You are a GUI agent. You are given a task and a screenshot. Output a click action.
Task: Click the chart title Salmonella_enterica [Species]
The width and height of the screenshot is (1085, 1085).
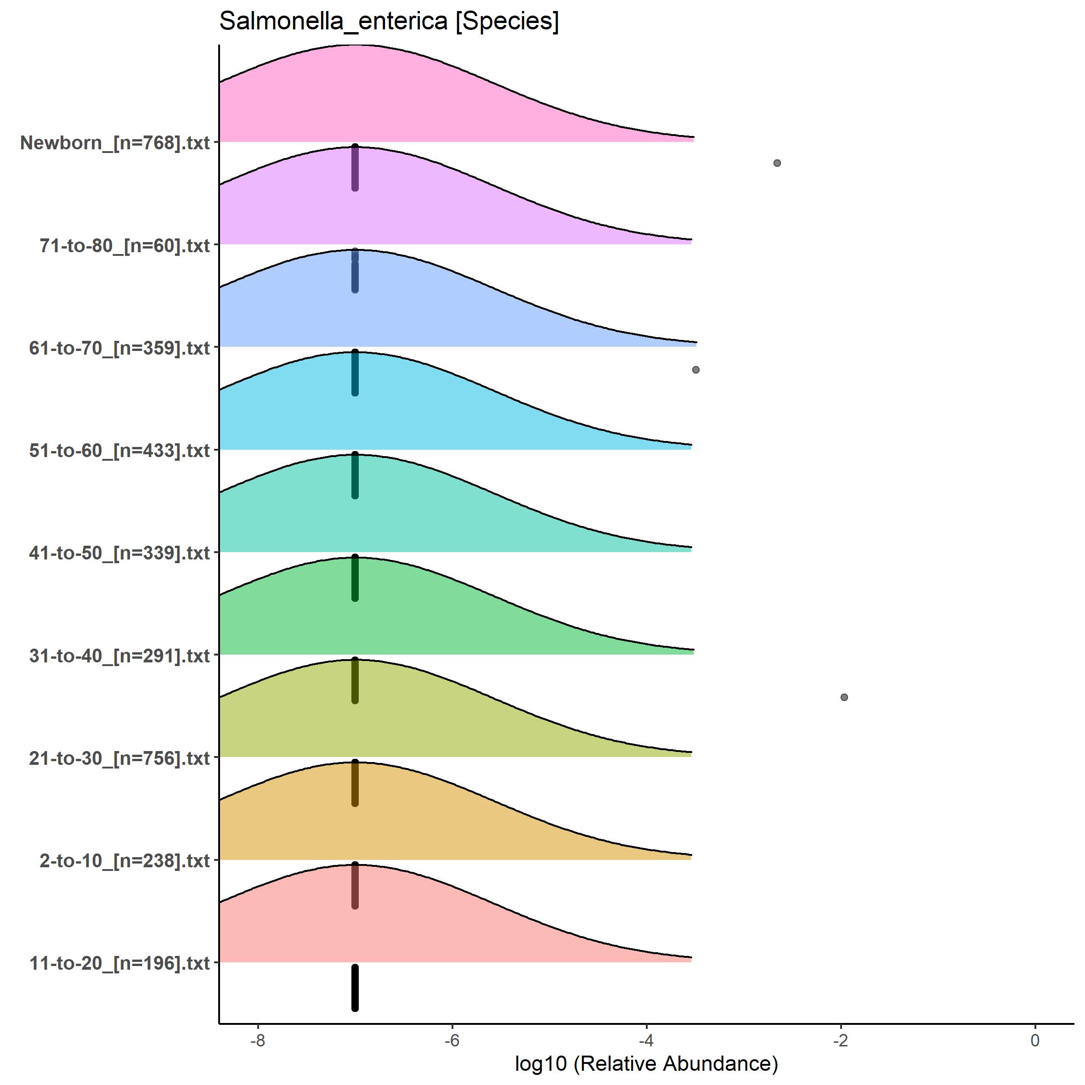pyautogui.click(x=389, y=21)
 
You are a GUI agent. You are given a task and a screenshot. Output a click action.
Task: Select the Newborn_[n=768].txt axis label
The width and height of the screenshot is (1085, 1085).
pyautogui.click(x=115, y=143)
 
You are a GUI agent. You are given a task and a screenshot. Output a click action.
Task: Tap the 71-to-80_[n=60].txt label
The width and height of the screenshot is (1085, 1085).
pyautogui.click(x=124, y=245)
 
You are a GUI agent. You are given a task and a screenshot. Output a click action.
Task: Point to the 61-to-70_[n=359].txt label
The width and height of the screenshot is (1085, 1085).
pyautogui.click(x=119, y=348)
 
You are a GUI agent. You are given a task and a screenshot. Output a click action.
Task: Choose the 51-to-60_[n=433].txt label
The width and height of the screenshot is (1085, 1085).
pyautogui.click(x=119, y=450)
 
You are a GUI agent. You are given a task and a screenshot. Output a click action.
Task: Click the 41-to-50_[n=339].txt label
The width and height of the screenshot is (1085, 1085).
pyautogui.click(x=119, y=553)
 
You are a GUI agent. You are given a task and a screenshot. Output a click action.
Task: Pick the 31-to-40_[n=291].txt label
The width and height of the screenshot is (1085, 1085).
pyautogui.click(x=119, y=656)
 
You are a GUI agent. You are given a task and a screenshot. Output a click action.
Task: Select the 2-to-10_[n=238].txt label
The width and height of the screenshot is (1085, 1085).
pyautogui.click(x=124, y=861)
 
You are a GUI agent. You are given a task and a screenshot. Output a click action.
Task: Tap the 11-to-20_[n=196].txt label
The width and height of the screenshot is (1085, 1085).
pyautogui.click(x=119, y=964)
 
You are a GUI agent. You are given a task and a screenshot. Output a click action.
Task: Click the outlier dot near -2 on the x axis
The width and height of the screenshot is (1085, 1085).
pyautogui.click(x=844, y=697)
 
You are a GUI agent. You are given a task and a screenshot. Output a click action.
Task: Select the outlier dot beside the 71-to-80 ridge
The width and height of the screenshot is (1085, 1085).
pyautogui.click(x=777, y=164)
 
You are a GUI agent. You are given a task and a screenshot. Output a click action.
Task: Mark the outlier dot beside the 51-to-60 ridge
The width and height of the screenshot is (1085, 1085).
pyautogui.click(x=696, y=369)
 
